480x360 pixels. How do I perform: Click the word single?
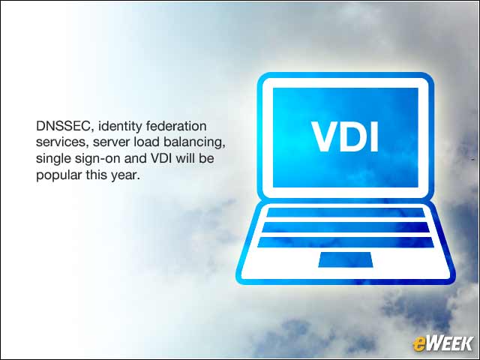point(51,159)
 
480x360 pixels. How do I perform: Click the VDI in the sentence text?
point(162,158)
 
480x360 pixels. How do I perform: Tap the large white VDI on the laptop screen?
point(345,136)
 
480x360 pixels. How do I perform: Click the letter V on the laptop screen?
point(325,136)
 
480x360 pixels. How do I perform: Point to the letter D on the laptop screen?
point(355,136)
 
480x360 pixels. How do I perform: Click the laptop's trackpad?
point(345,259)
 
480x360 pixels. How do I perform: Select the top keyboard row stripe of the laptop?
point(345,212)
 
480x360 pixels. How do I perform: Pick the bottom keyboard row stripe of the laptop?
point(345,242)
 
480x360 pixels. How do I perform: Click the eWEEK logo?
point(442,343)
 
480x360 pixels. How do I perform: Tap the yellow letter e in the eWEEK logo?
point(418,344)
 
